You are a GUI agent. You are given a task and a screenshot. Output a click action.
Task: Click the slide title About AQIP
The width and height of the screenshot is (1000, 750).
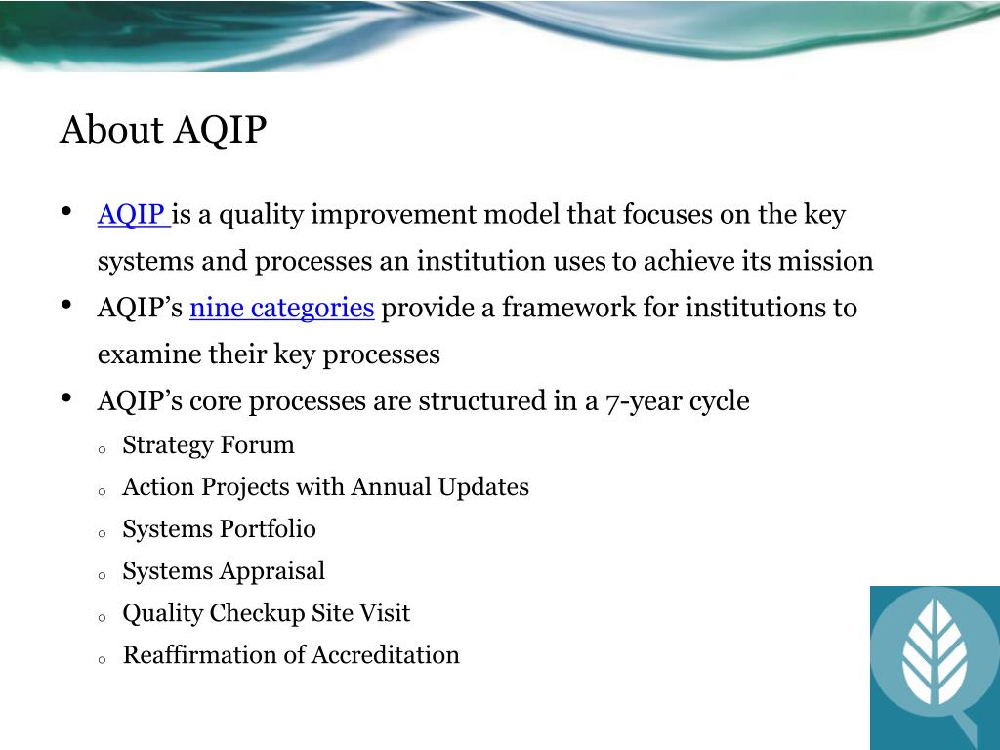coord(163,130)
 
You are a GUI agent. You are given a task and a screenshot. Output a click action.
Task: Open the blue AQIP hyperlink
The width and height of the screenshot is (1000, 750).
coord(133,214)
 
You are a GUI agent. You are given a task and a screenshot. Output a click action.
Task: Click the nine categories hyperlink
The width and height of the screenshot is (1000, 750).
coord(282,308)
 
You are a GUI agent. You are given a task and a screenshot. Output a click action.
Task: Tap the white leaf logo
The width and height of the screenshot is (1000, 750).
coord(936,649)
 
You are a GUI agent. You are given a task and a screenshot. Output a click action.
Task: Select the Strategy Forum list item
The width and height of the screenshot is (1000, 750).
coord(209,445)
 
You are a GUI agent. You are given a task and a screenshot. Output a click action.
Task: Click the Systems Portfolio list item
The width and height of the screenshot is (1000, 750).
coord(220,529)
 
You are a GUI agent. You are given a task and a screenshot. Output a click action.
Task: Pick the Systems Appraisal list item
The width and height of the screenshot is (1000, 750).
coord(224,571)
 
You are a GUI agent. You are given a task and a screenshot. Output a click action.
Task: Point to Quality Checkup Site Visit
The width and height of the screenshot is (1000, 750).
coord(267,613)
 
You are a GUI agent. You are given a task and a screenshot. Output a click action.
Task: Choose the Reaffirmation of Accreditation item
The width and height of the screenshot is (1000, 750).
coord(291,655)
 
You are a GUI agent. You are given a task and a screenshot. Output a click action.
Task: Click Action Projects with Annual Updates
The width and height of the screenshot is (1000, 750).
coord(326,487)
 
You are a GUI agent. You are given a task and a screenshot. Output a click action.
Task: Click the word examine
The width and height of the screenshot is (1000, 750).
coord(141,354)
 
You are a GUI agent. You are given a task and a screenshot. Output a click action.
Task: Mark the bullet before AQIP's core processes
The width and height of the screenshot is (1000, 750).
coord(67,398)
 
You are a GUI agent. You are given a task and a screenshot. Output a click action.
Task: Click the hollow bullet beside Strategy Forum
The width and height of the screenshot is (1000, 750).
coord(102,449)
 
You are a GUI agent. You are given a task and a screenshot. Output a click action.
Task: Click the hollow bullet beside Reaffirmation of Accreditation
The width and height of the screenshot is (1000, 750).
coord(102,660)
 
